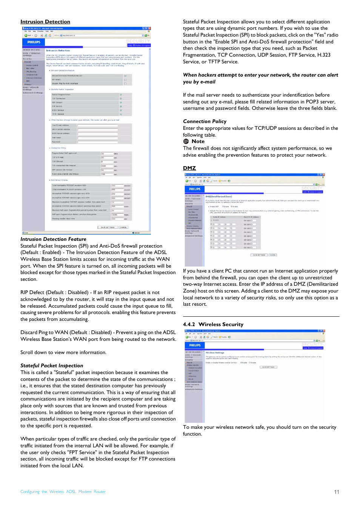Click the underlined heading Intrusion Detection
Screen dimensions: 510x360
click(x=45, y=22)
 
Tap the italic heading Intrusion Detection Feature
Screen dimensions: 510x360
click(x=53, y=239)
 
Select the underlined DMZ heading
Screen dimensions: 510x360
click(x=189, y=168)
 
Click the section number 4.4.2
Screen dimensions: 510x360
click(x=189, y=324)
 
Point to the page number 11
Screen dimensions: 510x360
click(x=337, y=492)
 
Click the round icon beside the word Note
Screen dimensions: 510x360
click(x=186, y=141)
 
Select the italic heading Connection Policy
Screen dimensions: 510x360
click(x=205, y=121)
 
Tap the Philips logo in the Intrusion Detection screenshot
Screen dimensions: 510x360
click(x=34, y=42)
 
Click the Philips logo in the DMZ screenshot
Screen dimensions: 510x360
click(x=195, y=189)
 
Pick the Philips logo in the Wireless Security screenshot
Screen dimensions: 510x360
click(x=195, y=345)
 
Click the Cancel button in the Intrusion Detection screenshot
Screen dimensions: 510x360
click(x=123, y=227)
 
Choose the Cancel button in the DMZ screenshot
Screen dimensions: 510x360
click(x=272, y=255)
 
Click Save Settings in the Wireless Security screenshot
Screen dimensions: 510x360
click(x=268, y=367)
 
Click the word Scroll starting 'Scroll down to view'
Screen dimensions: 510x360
click(x=27, y=352)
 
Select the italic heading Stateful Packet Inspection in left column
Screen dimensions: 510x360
click(x=52, y=365)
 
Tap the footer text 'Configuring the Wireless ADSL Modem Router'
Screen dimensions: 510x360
click(x=63, y=492)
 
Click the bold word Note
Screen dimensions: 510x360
click(x=198, y=141)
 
